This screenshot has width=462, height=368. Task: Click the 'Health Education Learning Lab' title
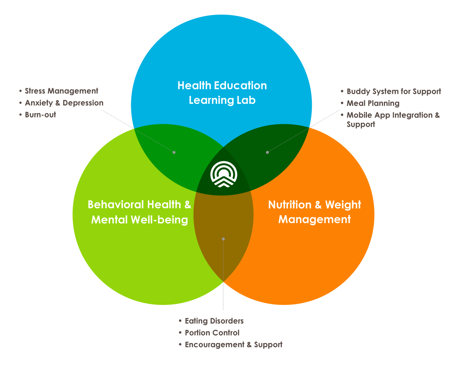222,93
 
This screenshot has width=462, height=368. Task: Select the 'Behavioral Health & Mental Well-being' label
139,212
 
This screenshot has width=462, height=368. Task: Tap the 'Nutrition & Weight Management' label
315,212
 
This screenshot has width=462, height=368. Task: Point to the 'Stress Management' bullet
61,91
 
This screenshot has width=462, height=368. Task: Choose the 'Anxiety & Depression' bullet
64,103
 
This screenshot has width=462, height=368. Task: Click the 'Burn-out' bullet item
40,115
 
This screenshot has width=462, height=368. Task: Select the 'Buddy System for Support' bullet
393,92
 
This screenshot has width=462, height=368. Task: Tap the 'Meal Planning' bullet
373,103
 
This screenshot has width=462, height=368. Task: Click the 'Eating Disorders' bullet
214,321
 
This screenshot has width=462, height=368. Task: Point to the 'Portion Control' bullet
212,333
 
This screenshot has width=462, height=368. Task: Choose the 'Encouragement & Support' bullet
233,345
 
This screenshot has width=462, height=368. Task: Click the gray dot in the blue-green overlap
174,152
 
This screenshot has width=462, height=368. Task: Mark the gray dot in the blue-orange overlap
268,152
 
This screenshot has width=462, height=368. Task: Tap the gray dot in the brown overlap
223,239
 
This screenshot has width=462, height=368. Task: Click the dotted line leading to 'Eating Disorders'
223,277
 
